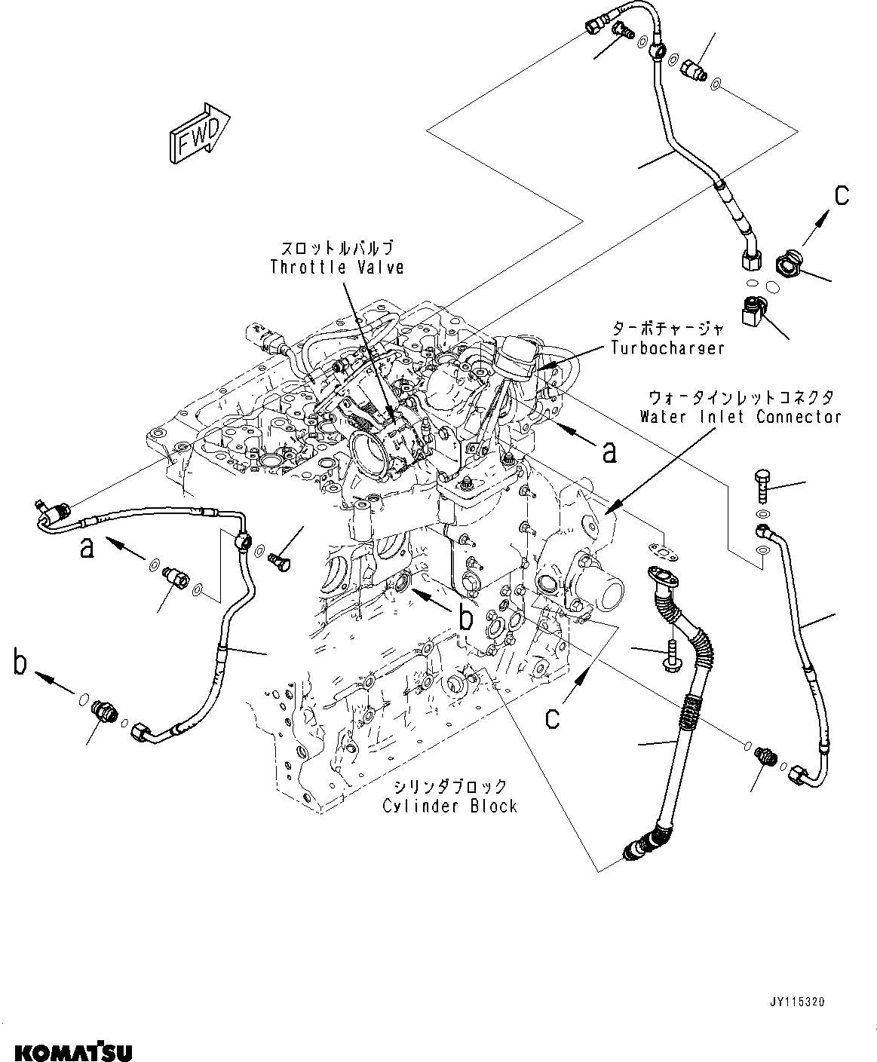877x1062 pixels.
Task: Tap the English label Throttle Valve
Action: click(337, 268)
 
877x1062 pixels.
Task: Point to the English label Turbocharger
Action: click(667, 348)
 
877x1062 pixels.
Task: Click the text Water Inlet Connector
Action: click(741, 416)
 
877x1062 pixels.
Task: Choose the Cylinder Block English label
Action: click(449, 806)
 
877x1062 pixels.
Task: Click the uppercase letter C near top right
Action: click(842, 196)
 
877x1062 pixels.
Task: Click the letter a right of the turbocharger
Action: click(609, 451)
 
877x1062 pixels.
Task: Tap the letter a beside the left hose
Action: click(88, 548)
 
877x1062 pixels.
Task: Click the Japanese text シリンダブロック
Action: click(449, 786)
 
